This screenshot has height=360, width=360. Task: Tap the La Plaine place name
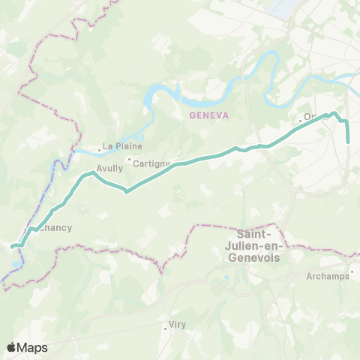pyautogui.click(x=122, y=146)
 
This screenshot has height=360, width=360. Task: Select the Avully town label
pyautogui.click(x=109, y=169)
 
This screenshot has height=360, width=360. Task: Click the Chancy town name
pyautogui.click(x=57, y=227)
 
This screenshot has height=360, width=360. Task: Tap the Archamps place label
pyautogui.click(x=328, y=276)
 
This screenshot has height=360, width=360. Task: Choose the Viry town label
pyautogui.click(x=178, y=325)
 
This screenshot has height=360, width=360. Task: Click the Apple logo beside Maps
pyautogui.click(x=12, y=347)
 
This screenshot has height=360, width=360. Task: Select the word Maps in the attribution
pyautogui.click(x=33, y=347)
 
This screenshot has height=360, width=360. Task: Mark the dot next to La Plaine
pyautogui.click(x=99, y=148)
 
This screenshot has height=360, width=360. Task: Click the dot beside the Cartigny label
pyautogui.click(x=129, y=160)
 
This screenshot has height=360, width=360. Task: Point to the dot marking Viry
pyautogui.click(x=166, y=327)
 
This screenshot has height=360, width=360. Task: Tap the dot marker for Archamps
pyautogui.click(x=352, y=272)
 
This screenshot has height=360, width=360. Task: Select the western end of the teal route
pyautogui.click(x=13, y=245)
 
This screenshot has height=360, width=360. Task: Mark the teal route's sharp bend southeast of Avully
pyautogui.click(x=126, y=191)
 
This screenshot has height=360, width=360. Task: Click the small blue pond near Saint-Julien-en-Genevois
pyautogui.click(x=226, y=280)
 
